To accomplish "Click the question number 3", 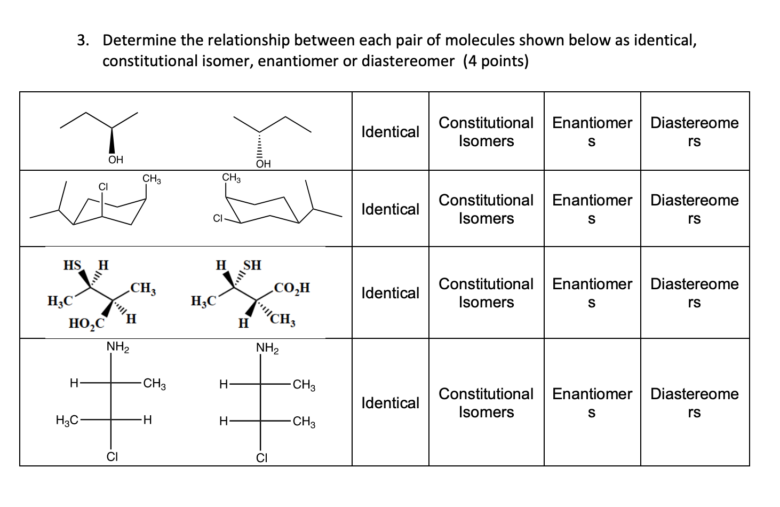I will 82,41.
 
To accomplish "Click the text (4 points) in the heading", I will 496,61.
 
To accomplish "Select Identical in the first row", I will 390,132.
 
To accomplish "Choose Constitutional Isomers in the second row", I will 485,209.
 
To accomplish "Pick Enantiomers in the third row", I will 592,293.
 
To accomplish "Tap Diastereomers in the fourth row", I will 694,403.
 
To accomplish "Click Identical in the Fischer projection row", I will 390,403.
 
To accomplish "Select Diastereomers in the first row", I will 694,132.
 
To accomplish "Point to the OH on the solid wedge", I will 115,160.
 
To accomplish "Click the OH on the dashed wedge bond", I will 263,164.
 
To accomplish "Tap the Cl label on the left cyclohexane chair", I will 103,187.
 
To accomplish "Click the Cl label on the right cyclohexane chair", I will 217,218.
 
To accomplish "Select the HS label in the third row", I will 72,265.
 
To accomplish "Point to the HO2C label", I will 86,323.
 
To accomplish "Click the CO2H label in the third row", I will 291,289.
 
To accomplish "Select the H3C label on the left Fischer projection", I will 67,421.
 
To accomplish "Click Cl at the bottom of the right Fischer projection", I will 261,458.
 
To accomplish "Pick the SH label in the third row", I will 252,265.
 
